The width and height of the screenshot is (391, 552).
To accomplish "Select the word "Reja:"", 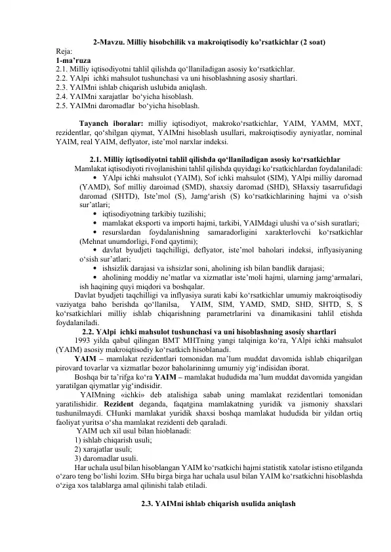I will (64, 51).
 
